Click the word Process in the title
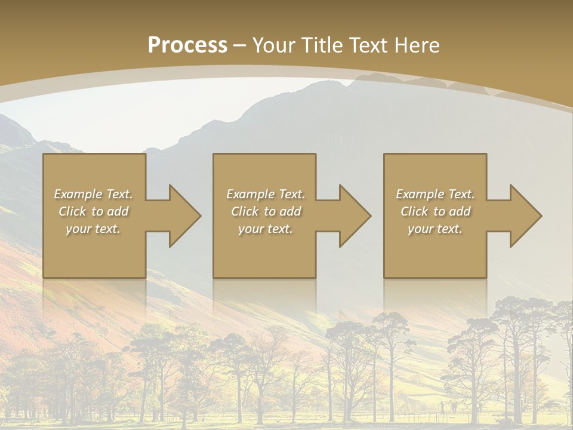[187, 45]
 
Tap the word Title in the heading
[321, 45]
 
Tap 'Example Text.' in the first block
[93, 194]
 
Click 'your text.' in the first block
[93, 229]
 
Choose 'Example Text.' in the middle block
[266, 194]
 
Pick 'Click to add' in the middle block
[266, 211]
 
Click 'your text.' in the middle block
[266, 229]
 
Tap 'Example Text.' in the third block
[435, 194]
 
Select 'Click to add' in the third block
[435, 211]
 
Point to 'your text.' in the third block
[435, 229]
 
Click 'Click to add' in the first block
[93, 211]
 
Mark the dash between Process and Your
[240, 46]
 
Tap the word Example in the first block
[78, 194]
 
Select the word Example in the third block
[420, 194]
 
